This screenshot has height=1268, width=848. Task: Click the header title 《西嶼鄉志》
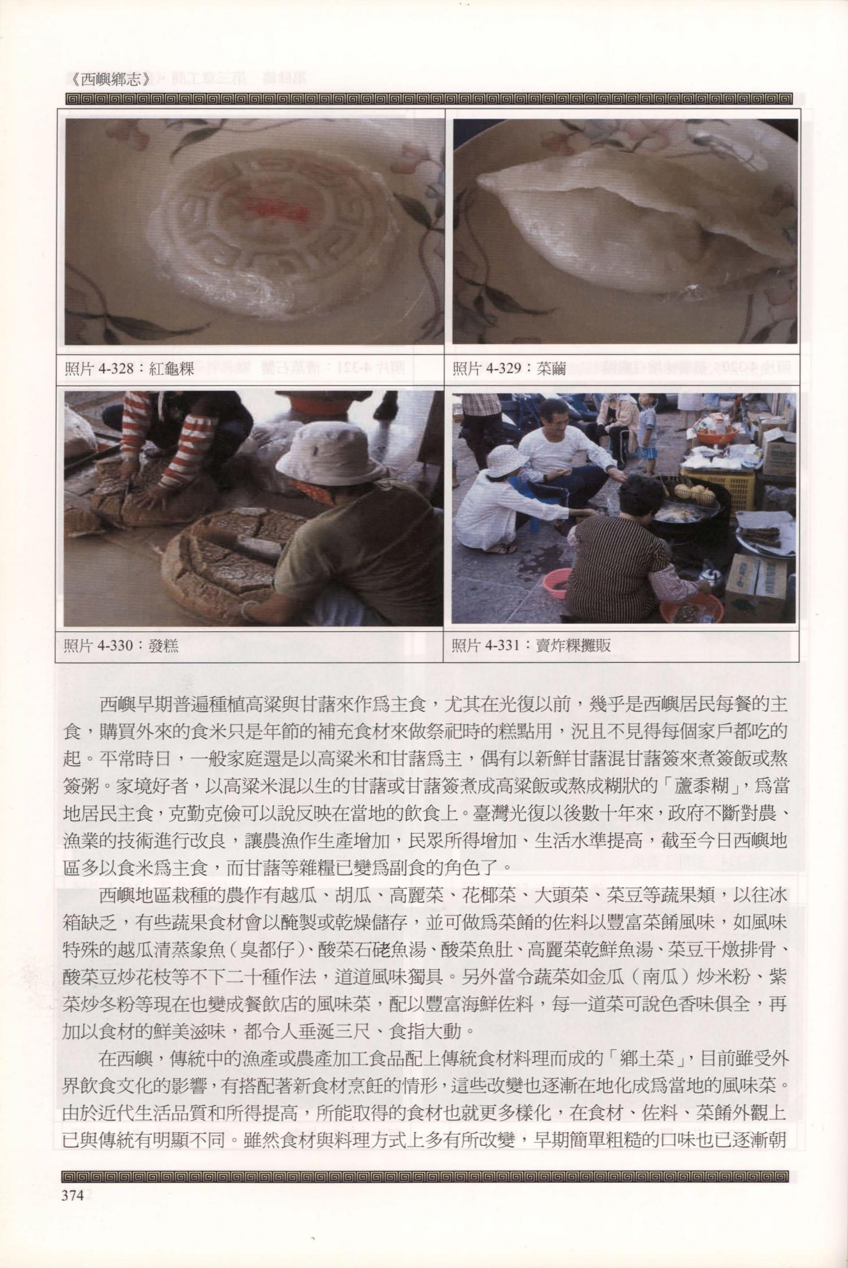point(111,79)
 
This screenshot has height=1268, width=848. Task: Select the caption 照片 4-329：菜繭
point(509,370)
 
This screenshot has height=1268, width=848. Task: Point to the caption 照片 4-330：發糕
point(121,645)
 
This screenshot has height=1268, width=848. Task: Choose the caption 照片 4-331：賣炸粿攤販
point(531,645)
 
